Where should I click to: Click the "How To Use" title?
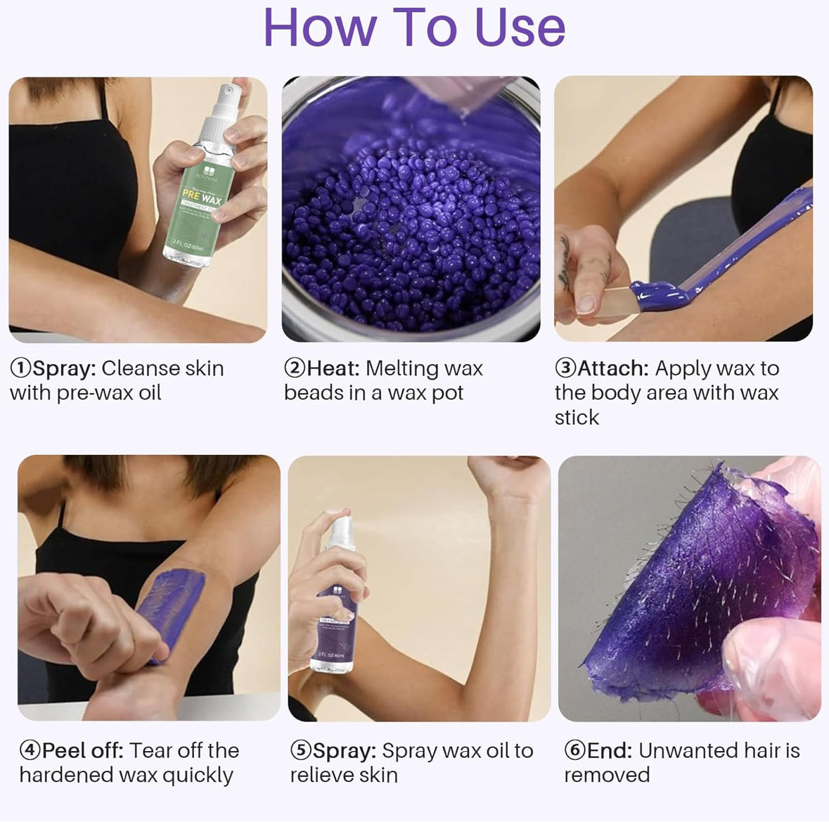click(x=414, y=28)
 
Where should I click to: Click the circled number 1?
click(x=20, y=368)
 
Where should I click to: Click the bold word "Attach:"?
click(x=612, y=368)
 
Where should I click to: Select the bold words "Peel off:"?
click(x=83, y=750)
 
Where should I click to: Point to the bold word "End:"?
click(x=610, y=750)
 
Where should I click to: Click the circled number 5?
click(x=300, y=750)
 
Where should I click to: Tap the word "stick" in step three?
click(x=577, y=417)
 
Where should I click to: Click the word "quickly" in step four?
click(x=198, y=775)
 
